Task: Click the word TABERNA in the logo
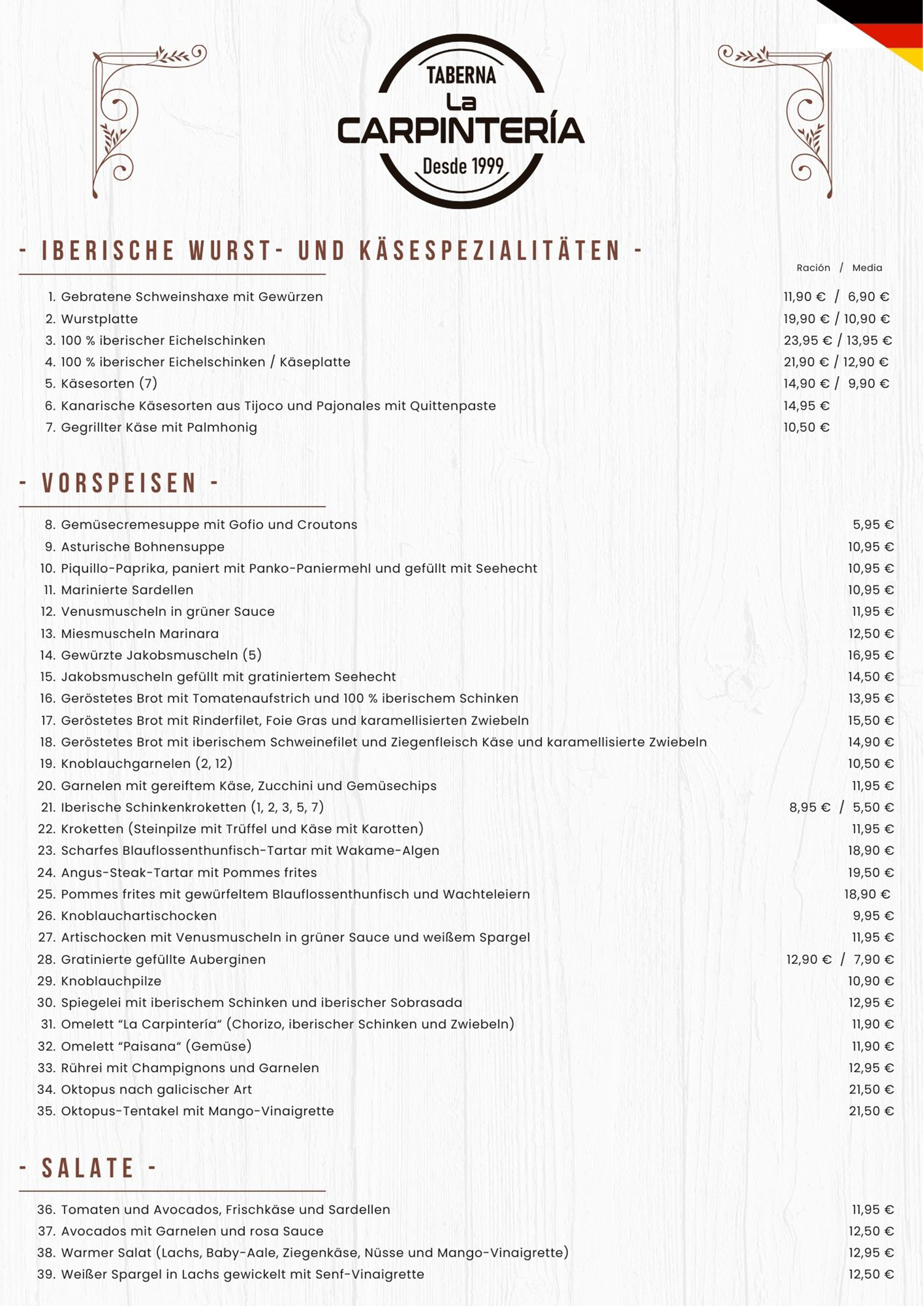click(461, 76)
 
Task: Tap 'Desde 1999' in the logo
click(463, 166)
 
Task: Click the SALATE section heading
click(88, 1168)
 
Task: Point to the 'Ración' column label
click(813, 268)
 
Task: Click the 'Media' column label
click(867, 268)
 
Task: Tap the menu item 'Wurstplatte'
click(99, 319)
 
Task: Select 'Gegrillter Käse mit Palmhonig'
click(159, 427)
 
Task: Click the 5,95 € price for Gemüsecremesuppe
click(873, 525)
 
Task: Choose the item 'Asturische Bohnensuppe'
click(142, 547)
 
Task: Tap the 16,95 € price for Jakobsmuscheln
click(871, 655)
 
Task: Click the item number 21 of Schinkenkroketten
click(48, 807)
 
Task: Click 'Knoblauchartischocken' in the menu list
click(138, 916)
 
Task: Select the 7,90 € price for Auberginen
click(873, 959)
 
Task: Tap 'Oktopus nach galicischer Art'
click(156, 1089)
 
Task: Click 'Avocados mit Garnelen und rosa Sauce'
click(192, 1231)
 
